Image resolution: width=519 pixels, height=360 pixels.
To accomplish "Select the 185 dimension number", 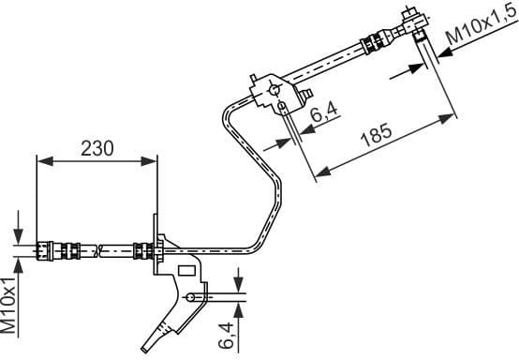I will click(x=376, y=136).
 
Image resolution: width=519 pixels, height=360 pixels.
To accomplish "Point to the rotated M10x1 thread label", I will click(x=9, y=305).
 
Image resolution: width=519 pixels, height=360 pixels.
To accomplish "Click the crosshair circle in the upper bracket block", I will click(x=275, y=90).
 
